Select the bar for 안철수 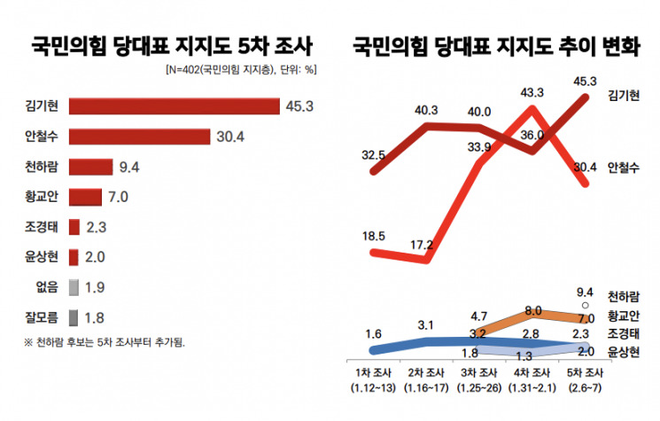pyautogui.click(x=139, y=137)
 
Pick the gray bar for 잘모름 pyautogui.click(x=74, y=316)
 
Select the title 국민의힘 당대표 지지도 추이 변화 pyautogui.click(x=494, y=45)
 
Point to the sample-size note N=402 pyautogui.click(x=241, y=69)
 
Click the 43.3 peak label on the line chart pyautogui.click(x=532, y=92)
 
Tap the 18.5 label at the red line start pyautogui.click(x=373, y=236)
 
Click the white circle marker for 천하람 pyautogui.click(x=584, y=307)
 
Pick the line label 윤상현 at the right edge pyautogui.click(x=625, y=352)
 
